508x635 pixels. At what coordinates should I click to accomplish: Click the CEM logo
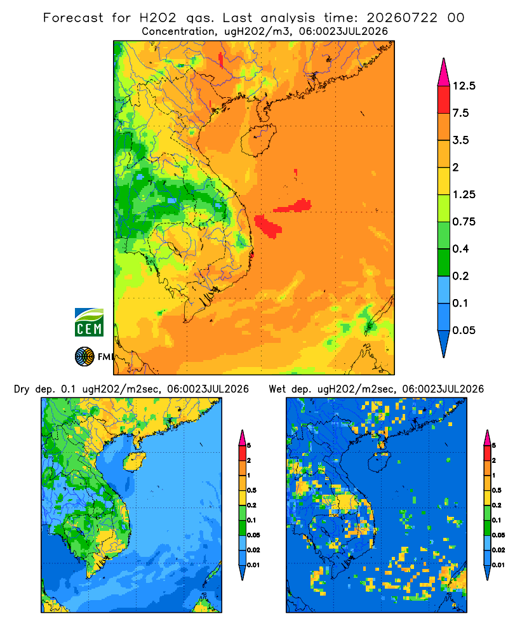(x=89, y=323)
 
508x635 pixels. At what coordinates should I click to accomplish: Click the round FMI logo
(x=84, y=356)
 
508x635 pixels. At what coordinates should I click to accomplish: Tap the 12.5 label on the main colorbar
(x=464, y=86)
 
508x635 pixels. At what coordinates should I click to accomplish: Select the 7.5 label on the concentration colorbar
(x=461, y=113)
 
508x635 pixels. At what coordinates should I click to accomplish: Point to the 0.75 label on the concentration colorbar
(x=464, y=222)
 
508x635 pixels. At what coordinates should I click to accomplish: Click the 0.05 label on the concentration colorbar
(x=464, y=330)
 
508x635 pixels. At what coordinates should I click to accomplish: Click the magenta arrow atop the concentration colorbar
(x=444, y=72)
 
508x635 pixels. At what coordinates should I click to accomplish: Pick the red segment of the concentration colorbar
(x=444, y=100)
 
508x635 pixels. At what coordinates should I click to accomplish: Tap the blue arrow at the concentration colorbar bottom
(x=444, y=344)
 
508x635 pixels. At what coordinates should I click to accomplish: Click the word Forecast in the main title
(x=73, y=18)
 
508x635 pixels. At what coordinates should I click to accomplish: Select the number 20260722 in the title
(x=402, y=18)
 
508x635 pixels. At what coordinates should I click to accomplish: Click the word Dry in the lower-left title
(x=22, y=389)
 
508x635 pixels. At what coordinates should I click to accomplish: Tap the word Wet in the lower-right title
(x=277, y=389)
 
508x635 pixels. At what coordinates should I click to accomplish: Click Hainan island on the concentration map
(x=258, y=140)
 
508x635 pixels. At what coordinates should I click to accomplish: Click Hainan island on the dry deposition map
(x=134, y=462)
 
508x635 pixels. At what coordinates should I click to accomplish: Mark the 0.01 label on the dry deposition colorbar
(x=253, y=565)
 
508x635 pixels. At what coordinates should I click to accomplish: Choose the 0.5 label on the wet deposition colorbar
(x=496, y=490)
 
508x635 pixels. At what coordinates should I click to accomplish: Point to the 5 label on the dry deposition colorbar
(x=249, y=446)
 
